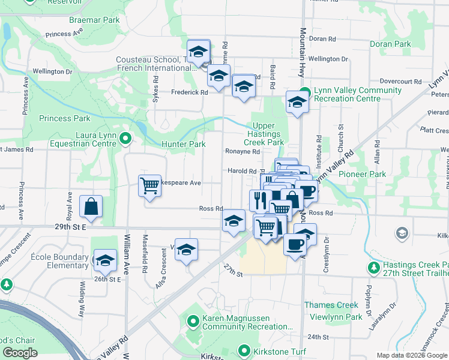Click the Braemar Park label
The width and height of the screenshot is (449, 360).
tap(94, 20)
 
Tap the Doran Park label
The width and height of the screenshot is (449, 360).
tap(390, 44)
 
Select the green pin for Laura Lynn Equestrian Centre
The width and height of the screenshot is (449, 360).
tap(125, 139)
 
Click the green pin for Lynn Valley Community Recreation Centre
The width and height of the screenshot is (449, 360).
tap(305, 94)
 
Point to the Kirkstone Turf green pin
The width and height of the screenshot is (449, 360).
tap(244, 350)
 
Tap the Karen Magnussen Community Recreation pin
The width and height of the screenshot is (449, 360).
tap(193, 322)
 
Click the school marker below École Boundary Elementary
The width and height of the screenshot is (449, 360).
tap(105, 260)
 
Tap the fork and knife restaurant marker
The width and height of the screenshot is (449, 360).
tap(259, 200)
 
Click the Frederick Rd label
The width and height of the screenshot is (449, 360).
tap(189, 92)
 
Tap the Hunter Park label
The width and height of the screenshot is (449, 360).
tap(184, 144)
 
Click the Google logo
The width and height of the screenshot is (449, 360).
tap(20, 353)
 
